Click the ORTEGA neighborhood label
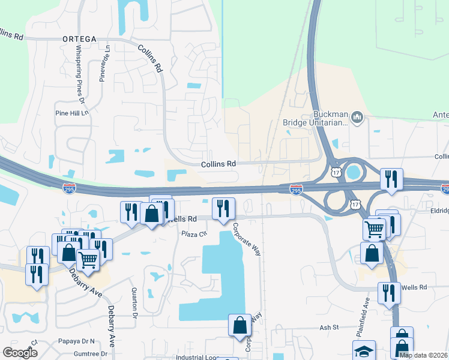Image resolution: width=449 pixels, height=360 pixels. click(x=79, y=39)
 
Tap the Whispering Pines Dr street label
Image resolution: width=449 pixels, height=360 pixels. click(x=79, y=72)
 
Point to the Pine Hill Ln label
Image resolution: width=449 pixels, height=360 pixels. click(x=71, y=112)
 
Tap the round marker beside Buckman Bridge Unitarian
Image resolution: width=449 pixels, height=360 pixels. click(x=358, y=116)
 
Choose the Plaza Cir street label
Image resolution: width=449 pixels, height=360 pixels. click(x=194, y=233)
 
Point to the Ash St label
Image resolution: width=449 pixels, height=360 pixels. click(x=330, y=328)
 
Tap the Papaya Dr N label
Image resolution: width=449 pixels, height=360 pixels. click(x=76, y=341)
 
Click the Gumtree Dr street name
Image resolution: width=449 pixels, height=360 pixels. click(x=79, y=354)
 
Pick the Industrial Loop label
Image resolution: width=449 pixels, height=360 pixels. click(x=197, y=357)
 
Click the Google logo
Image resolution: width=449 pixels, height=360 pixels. click(x=20, y=353)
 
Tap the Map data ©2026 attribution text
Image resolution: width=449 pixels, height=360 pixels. click(x=423, y=355)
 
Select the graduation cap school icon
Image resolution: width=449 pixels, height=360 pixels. click(x=364, y=350)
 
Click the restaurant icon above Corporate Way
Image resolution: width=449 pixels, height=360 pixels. click(x=223, y=208)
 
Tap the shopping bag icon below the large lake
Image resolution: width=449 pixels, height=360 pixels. click(x=240, y=325)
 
